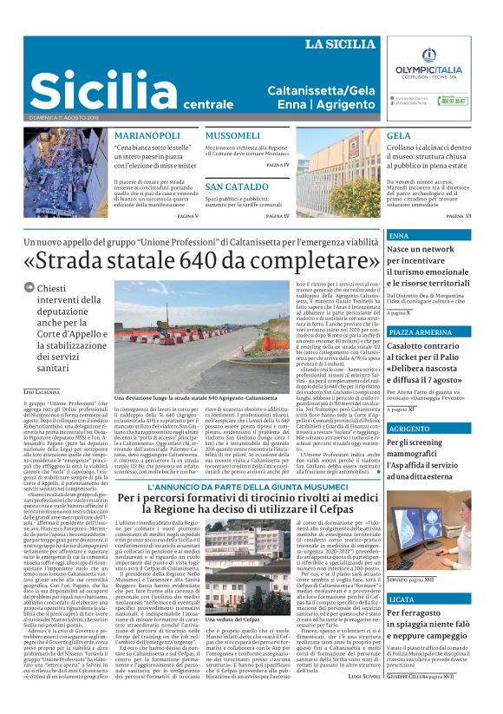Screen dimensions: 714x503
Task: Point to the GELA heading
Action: click(x=399, y=136)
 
